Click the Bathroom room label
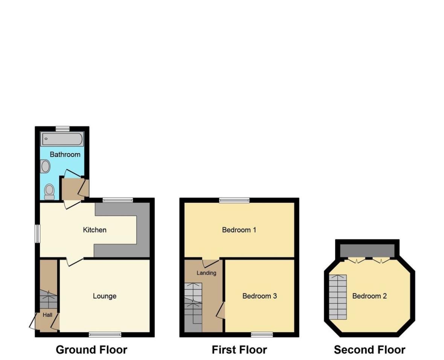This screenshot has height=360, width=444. click(x=65, y=154)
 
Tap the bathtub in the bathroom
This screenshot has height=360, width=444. click(x=62, y=139)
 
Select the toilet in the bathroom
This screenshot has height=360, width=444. click(x=50, y=192)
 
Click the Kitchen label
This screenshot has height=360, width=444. click(x=95, y=230)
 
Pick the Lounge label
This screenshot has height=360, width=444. click(x=104, y=296)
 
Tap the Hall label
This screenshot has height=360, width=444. click(x=47, y=315)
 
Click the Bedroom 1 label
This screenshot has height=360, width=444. click(x=239, y=230)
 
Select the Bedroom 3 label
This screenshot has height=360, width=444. click(x=259, y=296)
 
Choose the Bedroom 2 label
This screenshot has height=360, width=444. click(x=369, y=296)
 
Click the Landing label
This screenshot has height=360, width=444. click(x=206, y=273)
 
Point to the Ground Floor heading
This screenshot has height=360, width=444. click(x=92, y=350)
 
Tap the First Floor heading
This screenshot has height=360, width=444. click(x=239, y=350)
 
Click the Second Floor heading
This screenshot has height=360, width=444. click(x=369, y=350)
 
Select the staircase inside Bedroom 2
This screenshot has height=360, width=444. click(x=338, y=297)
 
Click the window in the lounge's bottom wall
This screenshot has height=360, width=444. click(x=105, y=335)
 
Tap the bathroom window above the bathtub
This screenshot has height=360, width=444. click(x=63, y=129)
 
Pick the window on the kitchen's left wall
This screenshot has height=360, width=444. click(x=37, y=234)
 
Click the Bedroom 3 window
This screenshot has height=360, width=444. click(x=262, y=335)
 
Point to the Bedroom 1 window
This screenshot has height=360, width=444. click(x=235, y=200)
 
